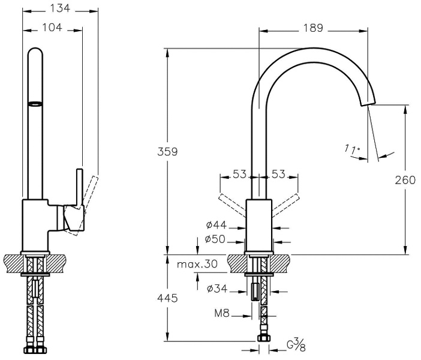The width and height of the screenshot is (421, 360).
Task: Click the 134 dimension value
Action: pyautogui.click(x=59, y=8)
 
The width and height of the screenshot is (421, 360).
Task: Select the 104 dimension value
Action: pyautogui.click(x=52, y=28)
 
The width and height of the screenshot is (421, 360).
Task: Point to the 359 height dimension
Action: pyautogui.click(x=168, y=152)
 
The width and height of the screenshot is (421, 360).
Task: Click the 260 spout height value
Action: pyautogui.click(x=405, y=179)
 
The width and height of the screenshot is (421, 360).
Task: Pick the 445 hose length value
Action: pyautogui.click(x=168, y=298)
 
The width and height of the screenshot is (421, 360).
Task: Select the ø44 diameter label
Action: pyautogui.click(x=215, y=226)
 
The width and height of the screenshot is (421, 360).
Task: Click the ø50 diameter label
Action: pyautogui.click(x=215, y=239)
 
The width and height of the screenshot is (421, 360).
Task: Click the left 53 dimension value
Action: pyautogui.click(x=240, y=175)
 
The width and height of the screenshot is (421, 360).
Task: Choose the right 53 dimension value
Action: pyautogui.click(x=279, y=175)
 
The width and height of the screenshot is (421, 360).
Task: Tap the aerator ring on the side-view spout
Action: pyautogui.click(x=37, y=104)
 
